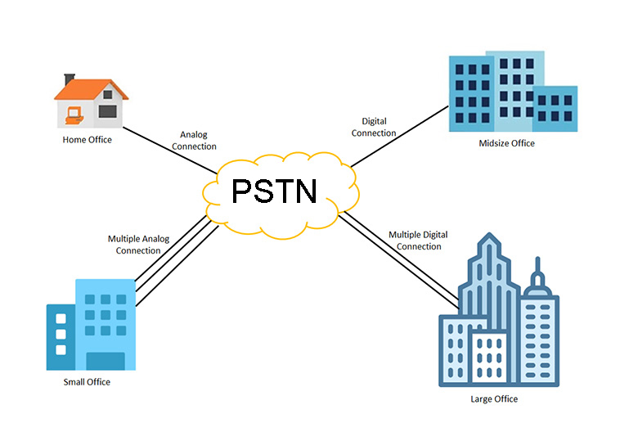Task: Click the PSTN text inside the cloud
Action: tap(273, 191)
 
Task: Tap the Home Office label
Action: tap(87, 140)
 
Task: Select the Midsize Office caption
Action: tap(506, 143)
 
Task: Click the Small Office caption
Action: tap(87, 382)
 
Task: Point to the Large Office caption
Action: tap(493, 399)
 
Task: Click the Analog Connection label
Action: tap(198, 141)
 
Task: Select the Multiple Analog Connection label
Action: tap(138, 245)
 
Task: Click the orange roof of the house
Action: tap(92, 88)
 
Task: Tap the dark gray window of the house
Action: tap(106, 110)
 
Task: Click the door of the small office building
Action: tap(106, 361)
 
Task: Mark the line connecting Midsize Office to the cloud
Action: tap(401, 136)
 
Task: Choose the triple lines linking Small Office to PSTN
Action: tap(176, 261)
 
